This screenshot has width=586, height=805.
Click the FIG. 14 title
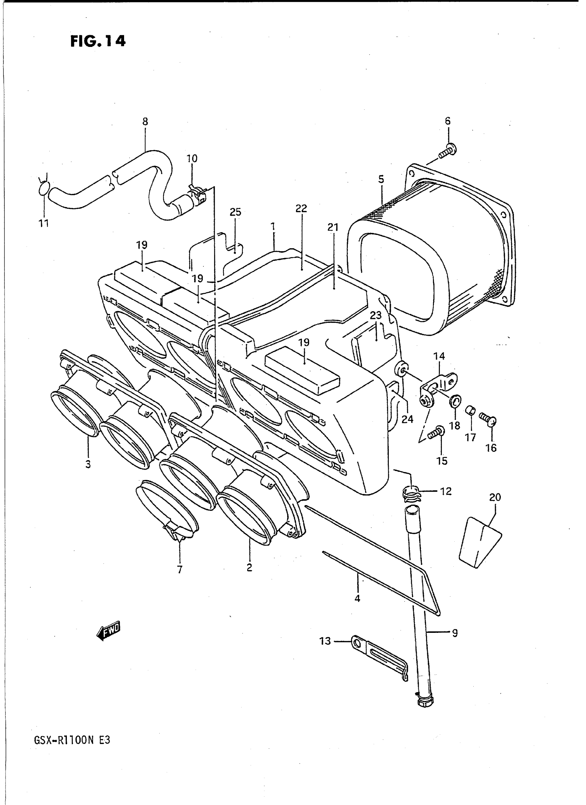(98, 41)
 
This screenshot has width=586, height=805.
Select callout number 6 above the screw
(448, 121)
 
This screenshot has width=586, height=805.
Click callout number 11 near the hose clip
(44, 223)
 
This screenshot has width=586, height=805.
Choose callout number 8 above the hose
(145, 121)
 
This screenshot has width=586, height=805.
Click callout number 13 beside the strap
(325, 641)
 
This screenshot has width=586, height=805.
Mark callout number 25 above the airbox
(235, 212)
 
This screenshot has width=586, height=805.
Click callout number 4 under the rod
(357, 598)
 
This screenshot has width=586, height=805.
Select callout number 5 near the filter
(381, 179)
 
